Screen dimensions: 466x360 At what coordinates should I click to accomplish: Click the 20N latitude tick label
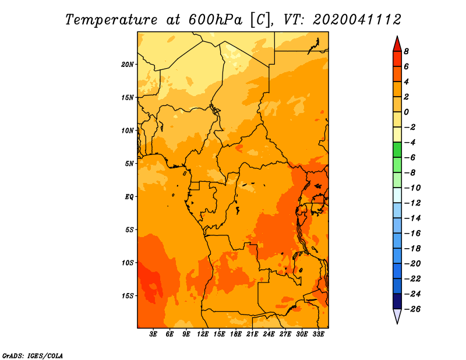point(128,65)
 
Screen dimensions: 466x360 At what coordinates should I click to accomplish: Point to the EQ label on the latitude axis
point(129,197)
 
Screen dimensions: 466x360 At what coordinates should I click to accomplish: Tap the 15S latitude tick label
point(128,296)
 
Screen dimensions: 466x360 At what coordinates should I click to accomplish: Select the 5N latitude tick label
point(129,164)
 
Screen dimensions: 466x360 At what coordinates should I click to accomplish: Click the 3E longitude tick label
point(153,334)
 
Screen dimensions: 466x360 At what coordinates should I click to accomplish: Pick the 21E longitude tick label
point(252,334)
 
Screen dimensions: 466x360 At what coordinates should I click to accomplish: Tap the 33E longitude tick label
point(318,334)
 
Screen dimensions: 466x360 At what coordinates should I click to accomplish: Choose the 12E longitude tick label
point(203,334)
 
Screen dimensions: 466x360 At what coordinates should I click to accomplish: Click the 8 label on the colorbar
point(406,51)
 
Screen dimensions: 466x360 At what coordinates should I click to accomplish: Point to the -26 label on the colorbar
point(412,309)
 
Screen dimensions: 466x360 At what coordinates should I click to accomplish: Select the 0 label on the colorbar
point(406,112)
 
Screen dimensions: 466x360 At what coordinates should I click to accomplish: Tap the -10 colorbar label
point(412,188)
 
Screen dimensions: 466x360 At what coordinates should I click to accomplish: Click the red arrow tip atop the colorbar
point(397,37)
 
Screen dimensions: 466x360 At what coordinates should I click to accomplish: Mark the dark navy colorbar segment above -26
point(397,301)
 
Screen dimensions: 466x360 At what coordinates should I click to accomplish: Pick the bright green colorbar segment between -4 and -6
point(397,150)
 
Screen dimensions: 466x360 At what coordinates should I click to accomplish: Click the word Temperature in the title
point(111,20)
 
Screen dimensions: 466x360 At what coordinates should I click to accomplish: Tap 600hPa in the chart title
point(216,20)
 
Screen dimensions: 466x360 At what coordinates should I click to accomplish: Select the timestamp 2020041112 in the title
point(357,20)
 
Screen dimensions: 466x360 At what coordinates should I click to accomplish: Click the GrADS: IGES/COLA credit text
point(33,356)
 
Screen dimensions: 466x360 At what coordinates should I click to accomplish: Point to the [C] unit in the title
point(261,20)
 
